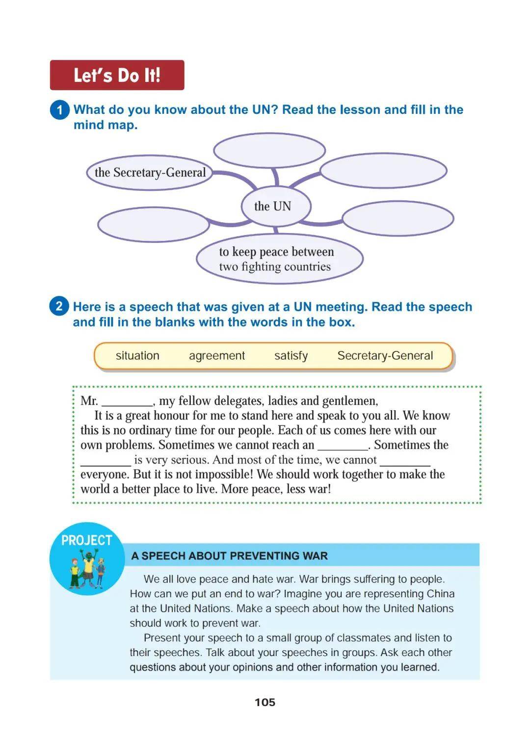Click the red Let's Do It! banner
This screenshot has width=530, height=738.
pyautogui.click(x=117, y=75)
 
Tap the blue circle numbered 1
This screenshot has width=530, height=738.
pyautogui.click(x=59, y=110)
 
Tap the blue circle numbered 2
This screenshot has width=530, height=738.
pyautogui.click(x=59, y=307)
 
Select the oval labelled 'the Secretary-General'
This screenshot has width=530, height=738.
pyautogui.click(x=150, y=172)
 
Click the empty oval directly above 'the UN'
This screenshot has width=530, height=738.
pyautogui.click(x=269, y=150)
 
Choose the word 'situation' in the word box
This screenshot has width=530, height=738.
pyautogui.click(x=137, y=356)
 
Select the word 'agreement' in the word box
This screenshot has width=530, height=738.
pyautogui.click(x=217, y=356)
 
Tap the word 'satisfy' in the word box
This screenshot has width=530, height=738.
pyautogui.click(x=291, y=356)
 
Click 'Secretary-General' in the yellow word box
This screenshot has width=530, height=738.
pyautogui.click(x=385, y=356)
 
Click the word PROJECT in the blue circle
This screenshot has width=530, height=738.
pyautogui.click(x=87, y=540)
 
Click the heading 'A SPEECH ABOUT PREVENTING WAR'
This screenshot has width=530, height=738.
pyautogui.click(x=230, y=556)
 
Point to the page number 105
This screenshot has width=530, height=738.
pyautogui.click(x=265, y=702)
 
